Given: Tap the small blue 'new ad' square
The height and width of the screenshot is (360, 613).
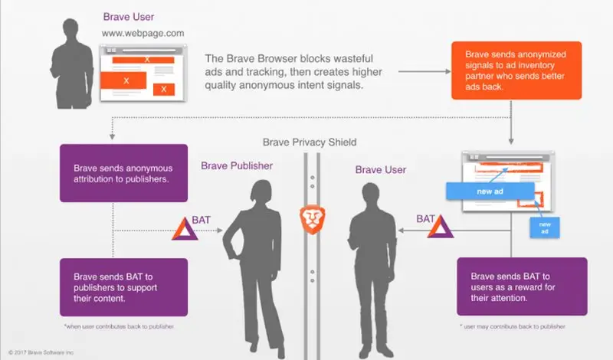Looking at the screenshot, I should [x=546, y=227].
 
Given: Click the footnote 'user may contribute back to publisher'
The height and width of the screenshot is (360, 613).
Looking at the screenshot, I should [x=513, y=326].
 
